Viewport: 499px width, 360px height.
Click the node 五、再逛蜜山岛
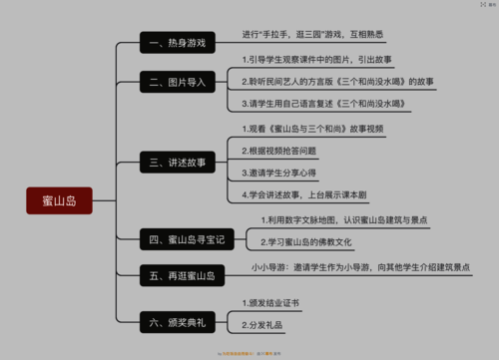click(183, 275)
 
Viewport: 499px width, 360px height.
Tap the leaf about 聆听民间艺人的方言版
click(337, 81)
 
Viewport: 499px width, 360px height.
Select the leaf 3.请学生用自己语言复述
click(322, 104)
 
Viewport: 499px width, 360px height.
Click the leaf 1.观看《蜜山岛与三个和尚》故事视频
click(312, 130)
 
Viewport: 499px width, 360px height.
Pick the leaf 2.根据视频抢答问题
click(280, 151)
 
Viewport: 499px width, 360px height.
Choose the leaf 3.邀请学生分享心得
click(280, 173)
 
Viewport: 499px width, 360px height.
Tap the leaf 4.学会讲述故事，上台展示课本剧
click(311, 194)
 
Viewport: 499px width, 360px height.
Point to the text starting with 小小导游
click(361, 268)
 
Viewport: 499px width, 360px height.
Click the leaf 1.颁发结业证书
click(270, 302)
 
